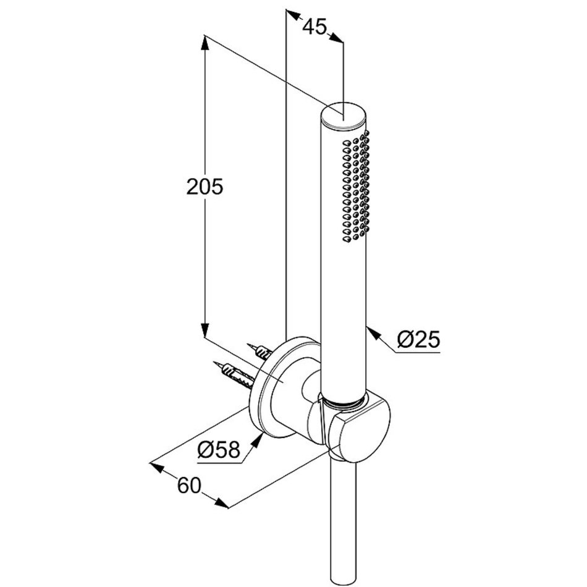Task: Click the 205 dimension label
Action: (x=205, y=187)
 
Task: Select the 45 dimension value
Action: (x=315, y=27)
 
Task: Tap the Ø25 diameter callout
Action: (x=418, y=340)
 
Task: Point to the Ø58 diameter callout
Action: (x=219, y=450)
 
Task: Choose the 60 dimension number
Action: (x=190, y=486)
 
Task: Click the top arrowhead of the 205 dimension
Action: (x=205, y=43)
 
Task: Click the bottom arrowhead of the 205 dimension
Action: (x=205, y=329)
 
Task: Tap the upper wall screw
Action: (x=260, y=350)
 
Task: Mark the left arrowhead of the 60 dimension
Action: (x=157, y=467)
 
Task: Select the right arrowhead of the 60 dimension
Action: (x=221, y=502)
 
